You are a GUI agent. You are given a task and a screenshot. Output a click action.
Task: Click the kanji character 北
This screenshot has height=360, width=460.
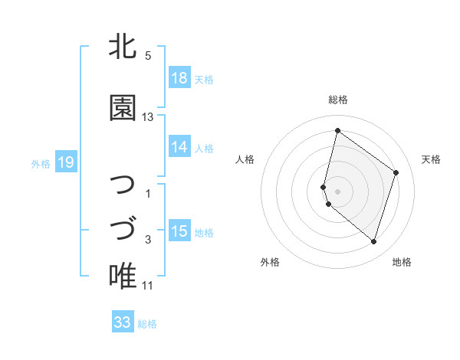tap(123, 47)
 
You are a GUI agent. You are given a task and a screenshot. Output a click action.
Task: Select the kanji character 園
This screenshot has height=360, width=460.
tap(123, 108)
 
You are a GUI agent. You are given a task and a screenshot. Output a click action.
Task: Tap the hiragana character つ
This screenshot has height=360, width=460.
tap(123, 185)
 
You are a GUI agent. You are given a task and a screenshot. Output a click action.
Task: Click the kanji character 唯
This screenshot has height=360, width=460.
tap(123, 276)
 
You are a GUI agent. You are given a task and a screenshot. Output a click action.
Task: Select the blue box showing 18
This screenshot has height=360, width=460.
tap(179, 78)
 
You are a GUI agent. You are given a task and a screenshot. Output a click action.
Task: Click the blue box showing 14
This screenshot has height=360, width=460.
tap(179, 147)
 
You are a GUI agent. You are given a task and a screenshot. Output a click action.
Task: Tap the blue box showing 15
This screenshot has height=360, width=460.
tap(179, 231)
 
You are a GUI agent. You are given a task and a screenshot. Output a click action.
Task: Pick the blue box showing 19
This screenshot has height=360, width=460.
tap(65, 162)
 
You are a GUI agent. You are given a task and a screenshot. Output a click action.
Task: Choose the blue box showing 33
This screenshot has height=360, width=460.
tap(123, 322)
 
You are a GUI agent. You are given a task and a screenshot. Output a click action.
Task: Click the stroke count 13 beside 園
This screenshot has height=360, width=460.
tap(148, 117)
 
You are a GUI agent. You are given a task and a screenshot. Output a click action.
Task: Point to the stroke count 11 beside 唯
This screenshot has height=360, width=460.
tap(148, 286)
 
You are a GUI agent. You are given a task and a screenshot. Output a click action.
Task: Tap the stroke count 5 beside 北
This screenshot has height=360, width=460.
tap(148, 56)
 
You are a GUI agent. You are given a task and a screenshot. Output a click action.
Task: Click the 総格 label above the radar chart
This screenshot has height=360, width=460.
tap(338, 100)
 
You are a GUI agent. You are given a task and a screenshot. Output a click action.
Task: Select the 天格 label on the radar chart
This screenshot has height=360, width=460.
tap(431, 159)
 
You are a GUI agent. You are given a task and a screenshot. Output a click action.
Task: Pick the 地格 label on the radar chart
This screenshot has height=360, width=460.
tap(402, 262)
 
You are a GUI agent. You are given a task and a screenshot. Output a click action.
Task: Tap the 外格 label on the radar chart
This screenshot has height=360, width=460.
tap(270, 262)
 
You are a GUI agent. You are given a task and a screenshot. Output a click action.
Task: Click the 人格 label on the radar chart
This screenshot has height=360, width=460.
tap(245, 159)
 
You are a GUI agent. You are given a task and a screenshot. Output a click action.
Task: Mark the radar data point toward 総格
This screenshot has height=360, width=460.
tap(337, 130)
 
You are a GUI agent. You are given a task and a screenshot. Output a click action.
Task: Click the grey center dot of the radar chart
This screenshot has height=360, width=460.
tap(338, 191)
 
